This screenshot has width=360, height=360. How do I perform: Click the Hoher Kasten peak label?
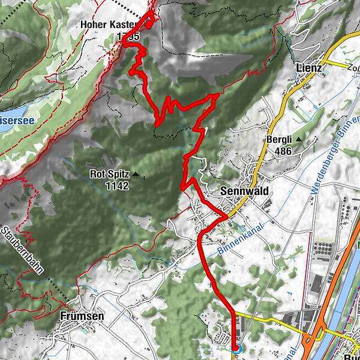point(112,25)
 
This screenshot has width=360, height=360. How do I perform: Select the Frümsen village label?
point(82,316)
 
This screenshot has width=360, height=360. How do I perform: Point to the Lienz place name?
point(309,68)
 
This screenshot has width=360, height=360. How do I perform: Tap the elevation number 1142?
point(116,186)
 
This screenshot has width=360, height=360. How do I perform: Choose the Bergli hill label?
point(278,140)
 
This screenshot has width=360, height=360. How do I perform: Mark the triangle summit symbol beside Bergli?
point(298,139)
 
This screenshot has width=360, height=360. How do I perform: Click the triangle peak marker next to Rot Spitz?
point(135,175)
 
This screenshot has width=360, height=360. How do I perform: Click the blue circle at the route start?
point(235,347)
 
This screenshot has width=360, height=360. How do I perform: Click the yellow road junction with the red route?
point(226,217)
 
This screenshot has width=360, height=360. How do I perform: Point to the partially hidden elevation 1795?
point(128,37)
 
